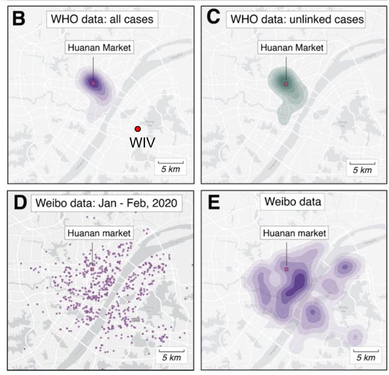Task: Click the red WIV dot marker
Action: click(x=138, y=129)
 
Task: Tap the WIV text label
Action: click(x=142, y=143)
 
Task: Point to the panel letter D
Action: click(x=20, y=203)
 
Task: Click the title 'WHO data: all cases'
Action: click(x=102, y=19)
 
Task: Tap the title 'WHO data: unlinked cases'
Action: click(x=297, y=19)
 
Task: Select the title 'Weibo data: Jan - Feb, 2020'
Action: click(x=106, y=203)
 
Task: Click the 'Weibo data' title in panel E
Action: click(x=293, y=202)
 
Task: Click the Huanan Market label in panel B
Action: click(x=99, y=48)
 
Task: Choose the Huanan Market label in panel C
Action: click(x=292, y=48)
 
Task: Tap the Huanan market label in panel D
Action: click(x=99, y=233)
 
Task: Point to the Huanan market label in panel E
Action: click(x=294, y=233)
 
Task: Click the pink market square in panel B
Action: click(x=93, y=83)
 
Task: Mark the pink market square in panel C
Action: click(x=286, y=84)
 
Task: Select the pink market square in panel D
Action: click(x=92, y=269)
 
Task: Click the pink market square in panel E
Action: click(x=286, y=269)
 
